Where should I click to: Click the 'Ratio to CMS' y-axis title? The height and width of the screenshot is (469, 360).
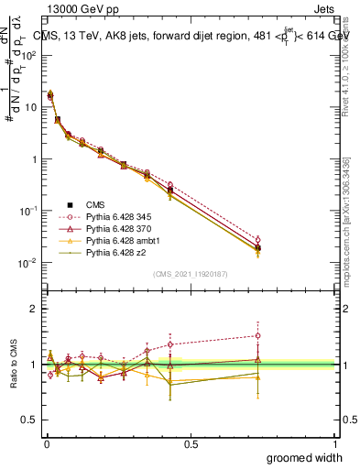tap(14, 365)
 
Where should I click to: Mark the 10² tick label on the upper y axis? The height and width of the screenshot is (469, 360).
tap(27, 54)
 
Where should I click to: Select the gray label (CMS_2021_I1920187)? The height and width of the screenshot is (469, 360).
tap(190, 274)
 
